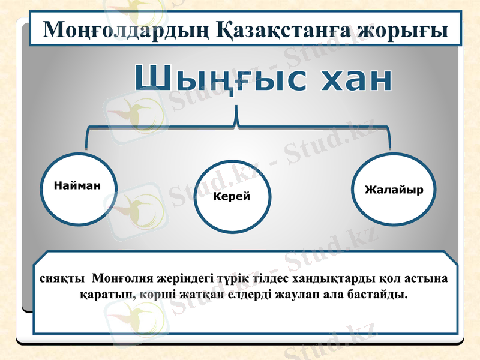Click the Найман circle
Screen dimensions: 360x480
tap(77, 187)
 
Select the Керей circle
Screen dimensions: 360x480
tap(232, 196)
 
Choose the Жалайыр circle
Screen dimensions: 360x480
tap(394, 190)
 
